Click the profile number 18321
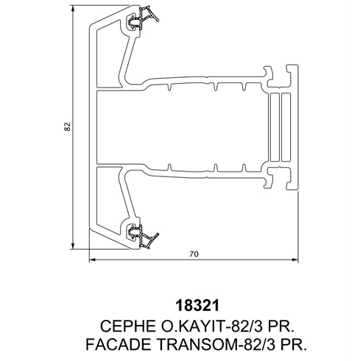pyautogui.click(x=197, y=306)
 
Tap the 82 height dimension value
pyautogui.click(x=68, y=126)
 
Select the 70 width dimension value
pyautogui.click(x=194, y=254)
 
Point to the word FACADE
pyautogui.click(x=119, y=344)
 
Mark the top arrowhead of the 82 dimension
pyautogui.click(x=73, y=10)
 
